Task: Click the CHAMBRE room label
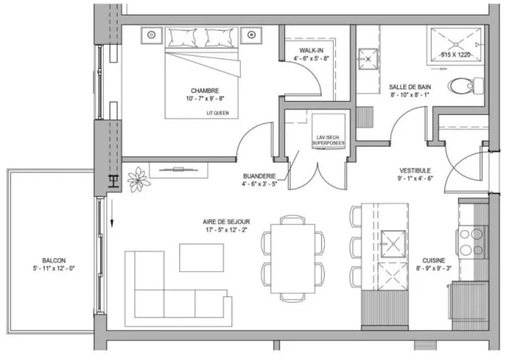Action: coord(205,91)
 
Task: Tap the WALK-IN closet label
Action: coord(311,51)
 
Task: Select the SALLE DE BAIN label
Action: coord(410,87)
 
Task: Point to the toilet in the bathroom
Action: coord(466,85)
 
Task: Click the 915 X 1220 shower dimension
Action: coord(455,55)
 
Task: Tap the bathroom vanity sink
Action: coord(368,59)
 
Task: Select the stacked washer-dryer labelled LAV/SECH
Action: coord(328,131)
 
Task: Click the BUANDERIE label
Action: coord(259,176)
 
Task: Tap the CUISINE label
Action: coord(433,260)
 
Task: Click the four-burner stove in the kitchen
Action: coord(472,242)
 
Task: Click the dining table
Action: coord(293,258)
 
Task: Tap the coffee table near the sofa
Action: coord(202,258)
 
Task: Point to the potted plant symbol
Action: coord(138,179)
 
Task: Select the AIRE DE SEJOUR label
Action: coord(226,222)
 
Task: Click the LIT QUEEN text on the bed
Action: coord(218,113)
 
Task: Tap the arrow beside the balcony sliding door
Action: coord(111,212)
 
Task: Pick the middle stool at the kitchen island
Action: coord(356,248)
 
